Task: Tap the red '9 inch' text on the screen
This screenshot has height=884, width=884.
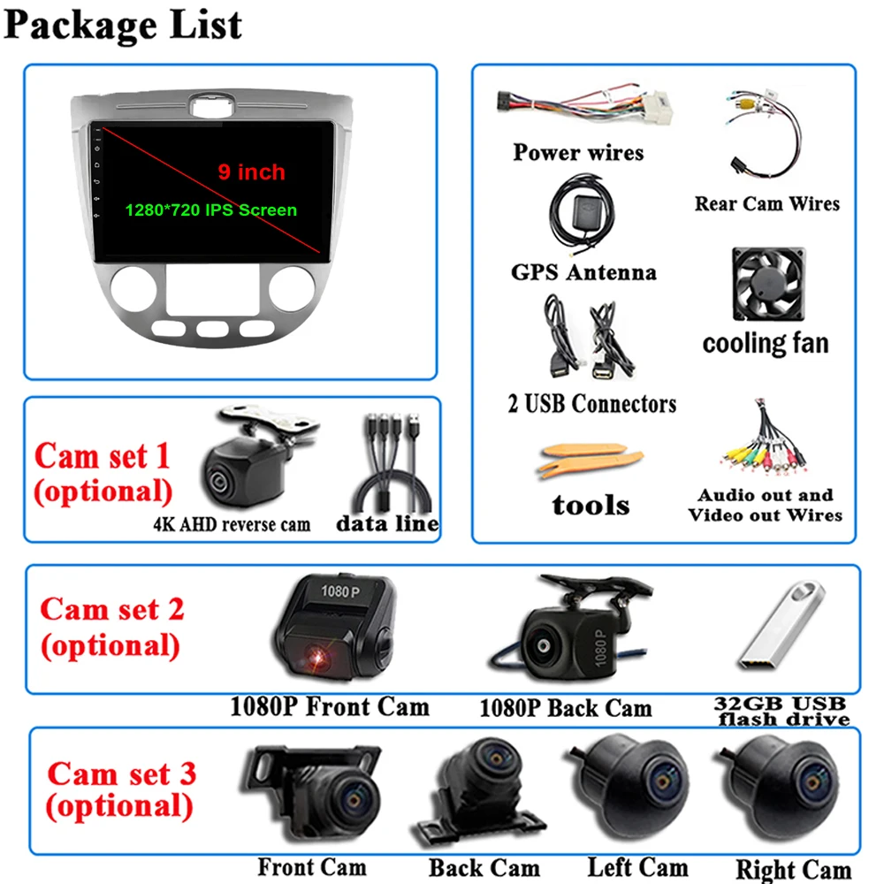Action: tap(252, 171)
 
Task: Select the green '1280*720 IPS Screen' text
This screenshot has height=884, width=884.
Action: tap(210, 210)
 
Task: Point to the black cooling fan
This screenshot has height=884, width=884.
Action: tap(767, 286)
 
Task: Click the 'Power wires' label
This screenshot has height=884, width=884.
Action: tap(578, 152)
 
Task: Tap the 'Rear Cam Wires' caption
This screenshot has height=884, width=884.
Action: tap(766, 204)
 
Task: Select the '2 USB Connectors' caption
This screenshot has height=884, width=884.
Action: tap(591, 404)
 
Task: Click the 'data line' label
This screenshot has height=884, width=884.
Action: tap(387, 523)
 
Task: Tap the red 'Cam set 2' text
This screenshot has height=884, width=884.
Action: tap(112, 609)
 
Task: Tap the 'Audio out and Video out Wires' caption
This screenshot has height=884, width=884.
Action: tap(766, 505)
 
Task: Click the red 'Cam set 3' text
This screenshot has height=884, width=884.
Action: tap(121, 773)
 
